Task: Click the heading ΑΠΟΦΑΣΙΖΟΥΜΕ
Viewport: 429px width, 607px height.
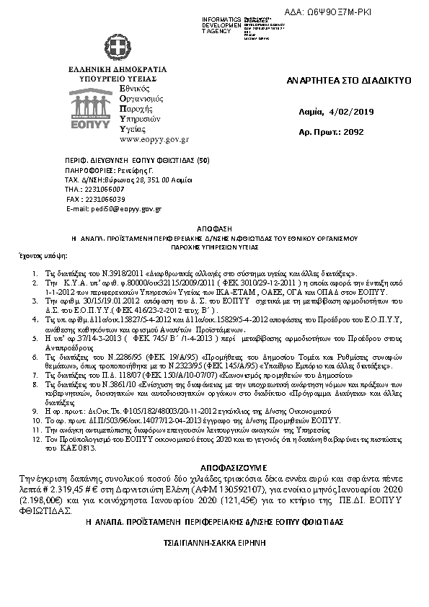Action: coord(213,466)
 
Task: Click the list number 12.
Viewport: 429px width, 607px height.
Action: coord(35,438)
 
